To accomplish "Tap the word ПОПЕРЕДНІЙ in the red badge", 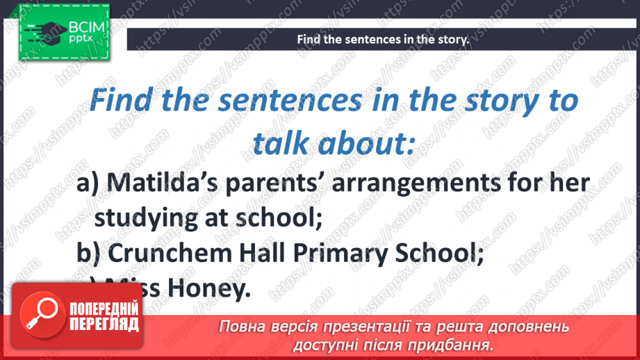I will tap(104, 309).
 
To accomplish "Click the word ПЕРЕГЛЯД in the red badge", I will tap(104, 325).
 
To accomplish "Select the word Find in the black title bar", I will tap(309, 40).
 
